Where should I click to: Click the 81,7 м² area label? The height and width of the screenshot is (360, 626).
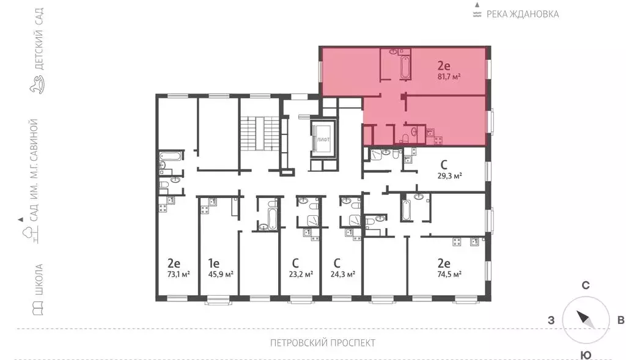(x=449, y=76)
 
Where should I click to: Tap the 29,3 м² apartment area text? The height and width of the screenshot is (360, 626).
(x=450, y=175)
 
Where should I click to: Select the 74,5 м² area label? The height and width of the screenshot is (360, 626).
(x=449, y=274)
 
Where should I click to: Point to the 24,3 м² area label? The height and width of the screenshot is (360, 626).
(x=343, y=274)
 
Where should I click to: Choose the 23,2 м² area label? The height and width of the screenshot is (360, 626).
(x=301, y=274)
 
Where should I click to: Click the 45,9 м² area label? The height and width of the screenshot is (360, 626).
(x=221, y=274)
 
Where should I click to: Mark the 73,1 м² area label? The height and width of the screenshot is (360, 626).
(x=179, y=274)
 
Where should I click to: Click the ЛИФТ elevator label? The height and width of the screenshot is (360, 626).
(x=323, y=140)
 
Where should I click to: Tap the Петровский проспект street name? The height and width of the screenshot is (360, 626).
(x=323, y=343)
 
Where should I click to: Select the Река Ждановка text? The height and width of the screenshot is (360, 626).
(x=523, y=15)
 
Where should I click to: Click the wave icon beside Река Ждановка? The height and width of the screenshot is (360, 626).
(x=477, y=15)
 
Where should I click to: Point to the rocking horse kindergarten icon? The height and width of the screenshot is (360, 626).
(x=37, y=84)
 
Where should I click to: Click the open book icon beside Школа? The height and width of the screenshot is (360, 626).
(x=37, y=309)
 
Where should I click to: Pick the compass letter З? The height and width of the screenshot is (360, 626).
(x=551, y=320)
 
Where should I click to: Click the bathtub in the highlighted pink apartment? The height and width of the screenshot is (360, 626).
(x=405, y=67)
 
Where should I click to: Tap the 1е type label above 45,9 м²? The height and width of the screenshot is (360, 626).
(x=213, y=263)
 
